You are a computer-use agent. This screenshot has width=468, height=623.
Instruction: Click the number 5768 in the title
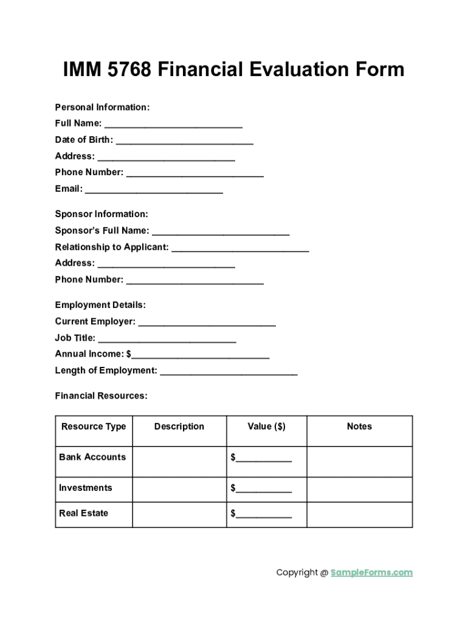pos(129,70)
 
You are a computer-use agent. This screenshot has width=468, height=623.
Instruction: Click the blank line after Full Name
pos(173,125)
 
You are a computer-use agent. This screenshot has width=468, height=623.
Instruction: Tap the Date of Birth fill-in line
pos(184,142)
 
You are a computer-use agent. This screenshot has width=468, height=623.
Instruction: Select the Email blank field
pos(154,191)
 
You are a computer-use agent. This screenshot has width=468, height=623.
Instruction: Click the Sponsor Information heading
pos(102,214)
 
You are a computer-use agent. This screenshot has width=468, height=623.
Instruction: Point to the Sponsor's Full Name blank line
pos(221,233)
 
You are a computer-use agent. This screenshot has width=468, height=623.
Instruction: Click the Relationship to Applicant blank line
pos(240,249)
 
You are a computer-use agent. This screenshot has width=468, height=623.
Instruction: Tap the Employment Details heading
pos(100,305)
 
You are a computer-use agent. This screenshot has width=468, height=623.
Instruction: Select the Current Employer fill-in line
pos(207,324)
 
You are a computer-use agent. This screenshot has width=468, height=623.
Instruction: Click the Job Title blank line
pos(167,340)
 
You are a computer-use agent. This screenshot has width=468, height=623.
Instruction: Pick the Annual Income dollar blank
pos(201,357)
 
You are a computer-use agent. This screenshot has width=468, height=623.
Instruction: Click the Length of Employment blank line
pos(229,373)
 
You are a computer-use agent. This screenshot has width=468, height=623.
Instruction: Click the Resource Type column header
pos(94,426)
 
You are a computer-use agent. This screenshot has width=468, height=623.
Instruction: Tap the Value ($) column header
pos(266,426)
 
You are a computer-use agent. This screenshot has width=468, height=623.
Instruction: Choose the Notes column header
pos(359,426)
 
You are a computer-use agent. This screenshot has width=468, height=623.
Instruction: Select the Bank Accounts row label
pos(92,457)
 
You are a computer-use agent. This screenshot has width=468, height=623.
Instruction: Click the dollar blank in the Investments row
pos(264,490)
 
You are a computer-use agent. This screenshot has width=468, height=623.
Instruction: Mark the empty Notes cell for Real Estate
pos(359,514)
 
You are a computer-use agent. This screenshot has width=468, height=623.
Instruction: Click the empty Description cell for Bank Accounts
pos(179,461)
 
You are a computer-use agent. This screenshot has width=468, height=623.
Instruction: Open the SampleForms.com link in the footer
pos(371,573)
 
